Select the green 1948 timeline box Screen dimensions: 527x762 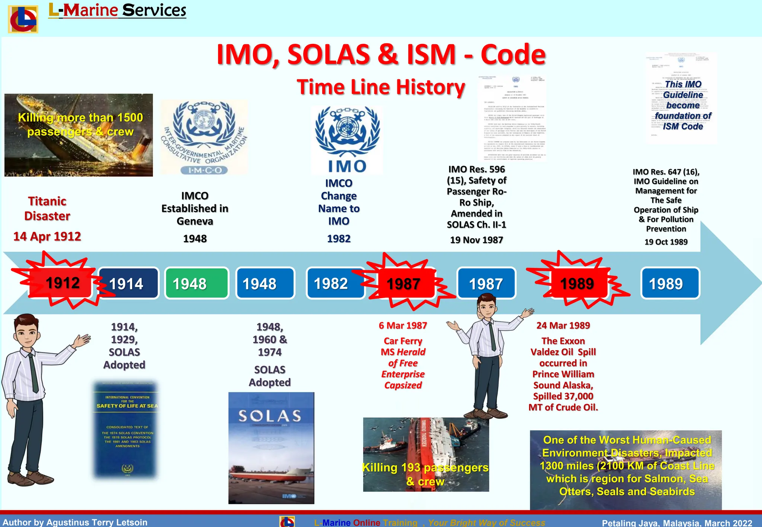click(x=196, y=284)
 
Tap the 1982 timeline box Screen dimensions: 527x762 click(x=335, y=284)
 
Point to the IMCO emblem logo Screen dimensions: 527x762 click(x=204, y=137)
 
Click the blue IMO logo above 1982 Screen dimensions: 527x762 click(x=347, y=140)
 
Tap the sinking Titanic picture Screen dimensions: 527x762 click(x=79, y=135)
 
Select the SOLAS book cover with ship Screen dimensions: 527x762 click(x=271, y=448)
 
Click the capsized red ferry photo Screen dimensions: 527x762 click(x=426, y=454)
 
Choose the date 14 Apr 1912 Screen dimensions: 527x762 click(x=47, y=236)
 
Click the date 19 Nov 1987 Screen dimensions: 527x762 click(x=476, y=240)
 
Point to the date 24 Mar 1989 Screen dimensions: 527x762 click(x=563, y=326)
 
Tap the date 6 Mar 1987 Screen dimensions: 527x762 click(x=403, y=326)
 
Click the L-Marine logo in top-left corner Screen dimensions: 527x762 click(x=23, y=19)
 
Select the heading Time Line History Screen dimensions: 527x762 click(x=381, y=87)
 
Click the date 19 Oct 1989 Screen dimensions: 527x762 click(x=666, y=242)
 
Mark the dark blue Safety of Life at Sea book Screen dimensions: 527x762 click(x=126, y=429)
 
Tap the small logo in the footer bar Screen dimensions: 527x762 click(x=287, y=521)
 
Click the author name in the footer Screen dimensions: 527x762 click(x=75, y=522)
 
